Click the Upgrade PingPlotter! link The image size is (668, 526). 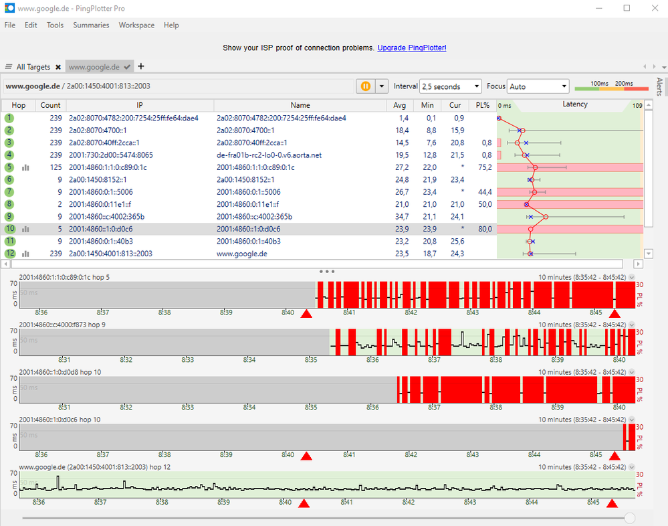pos(411,48)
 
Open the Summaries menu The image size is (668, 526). pos(91,25)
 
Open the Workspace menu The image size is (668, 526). pos(136,25)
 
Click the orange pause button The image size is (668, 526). pos(366,86)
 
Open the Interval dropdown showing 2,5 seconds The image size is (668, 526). pos(450,86)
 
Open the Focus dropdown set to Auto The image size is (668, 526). pos(538,86)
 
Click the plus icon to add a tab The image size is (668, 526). pos(141,66)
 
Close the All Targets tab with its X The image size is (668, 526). pos(58,67)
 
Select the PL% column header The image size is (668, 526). pos(483,105)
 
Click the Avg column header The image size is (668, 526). pos(400,105)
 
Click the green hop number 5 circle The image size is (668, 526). pos(9,167)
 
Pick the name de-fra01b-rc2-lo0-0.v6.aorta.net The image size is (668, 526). pos(269,155)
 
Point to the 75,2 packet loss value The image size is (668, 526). pos(485,167)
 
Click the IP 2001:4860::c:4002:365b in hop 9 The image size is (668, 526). pos(106,217)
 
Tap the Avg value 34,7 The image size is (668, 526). pos(402,217)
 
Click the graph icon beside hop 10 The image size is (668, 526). pos(25,230)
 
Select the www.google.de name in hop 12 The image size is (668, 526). pos(241,254)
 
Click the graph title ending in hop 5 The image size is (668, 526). pos(64,277)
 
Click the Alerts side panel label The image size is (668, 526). pos(659,86)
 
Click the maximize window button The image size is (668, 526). pos(627,8)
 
